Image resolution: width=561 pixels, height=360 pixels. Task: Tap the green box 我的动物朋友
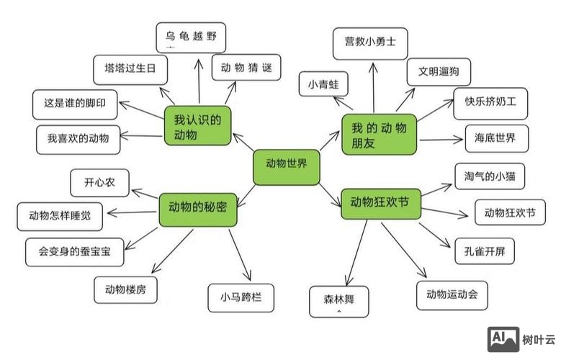tap(379, 135)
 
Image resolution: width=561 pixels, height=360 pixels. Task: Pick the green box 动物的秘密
tap(197, 207)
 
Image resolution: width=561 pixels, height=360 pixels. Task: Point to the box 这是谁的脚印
tap(75, 104)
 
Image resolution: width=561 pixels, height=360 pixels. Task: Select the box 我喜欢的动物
tap(78, 138)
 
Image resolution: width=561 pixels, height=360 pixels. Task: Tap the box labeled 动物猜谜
tap(247, 68)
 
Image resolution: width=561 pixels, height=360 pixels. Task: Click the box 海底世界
tap(490, 138)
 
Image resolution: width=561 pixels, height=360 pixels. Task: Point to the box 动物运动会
tap(452, 294)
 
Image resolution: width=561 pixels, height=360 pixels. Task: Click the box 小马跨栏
tap(241, 297)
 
